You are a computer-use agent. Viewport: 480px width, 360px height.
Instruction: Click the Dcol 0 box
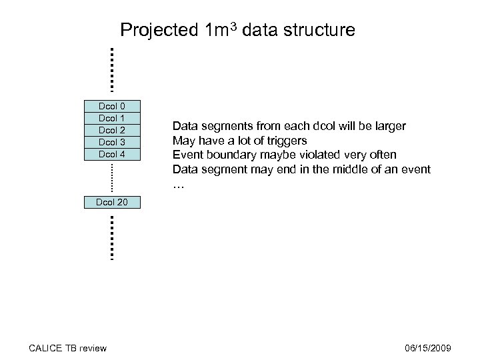coord(112,106)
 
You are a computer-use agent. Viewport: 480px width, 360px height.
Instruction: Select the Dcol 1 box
coord(112,118)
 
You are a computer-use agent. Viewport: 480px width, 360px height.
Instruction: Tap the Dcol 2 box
coord(112,130)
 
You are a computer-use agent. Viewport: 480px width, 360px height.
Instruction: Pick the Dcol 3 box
coord(112,142)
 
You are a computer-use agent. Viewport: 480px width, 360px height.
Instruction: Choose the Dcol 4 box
coord(112,154)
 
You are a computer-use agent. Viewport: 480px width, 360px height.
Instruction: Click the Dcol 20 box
coord(112,202)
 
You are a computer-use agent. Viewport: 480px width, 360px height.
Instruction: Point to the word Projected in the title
coord(157,31)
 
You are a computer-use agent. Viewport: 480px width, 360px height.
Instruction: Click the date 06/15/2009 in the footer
coord(429,348)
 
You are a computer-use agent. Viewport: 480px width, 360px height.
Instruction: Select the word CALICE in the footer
coord(45,348)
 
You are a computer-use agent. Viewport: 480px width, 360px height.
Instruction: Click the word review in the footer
coord(93,348)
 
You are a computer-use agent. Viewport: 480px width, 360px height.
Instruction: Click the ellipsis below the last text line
coord(178,185)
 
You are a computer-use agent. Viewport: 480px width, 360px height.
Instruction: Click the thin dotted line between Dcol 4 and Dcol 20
coord(111,178)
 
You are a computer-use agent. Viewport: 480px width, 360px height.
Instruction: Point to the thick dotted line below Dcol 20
coord(111,237)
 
